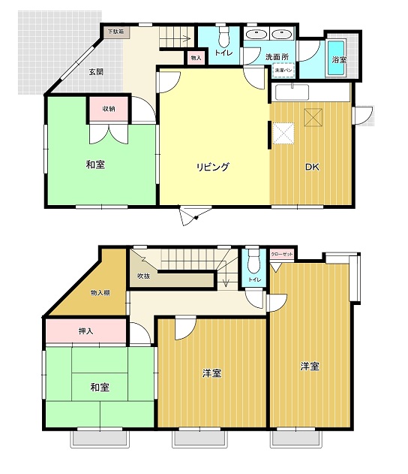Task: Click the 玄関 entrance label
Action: tap(95, 73)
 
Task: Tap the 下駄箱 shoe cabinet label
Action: tap(115, 32)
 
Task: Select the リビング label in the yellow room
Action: tap(213, 167)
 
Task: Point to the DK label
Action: tap(310, 167)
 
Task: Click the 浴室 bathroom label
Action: tap(339, 59)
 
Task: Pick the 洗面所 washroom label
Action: tap(277, 56)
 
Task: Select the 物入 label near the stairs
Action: tap(196, 58)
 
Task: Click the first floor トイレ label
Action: tap(223, 53)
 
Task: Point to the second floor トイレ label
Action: tap(254, 279)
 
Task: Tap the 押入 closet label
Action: tap(85, 331)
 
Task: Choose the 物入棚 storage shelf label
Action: tap(101, 292)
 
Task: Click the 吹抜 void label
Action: tap(144, 276)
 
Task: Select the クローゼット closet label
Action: tap(282, 255)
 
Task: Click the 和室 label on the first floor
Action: tap(94, 164)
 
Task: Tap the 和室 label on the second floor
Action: tap(100, 387)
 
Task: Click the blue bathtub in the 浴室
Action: tap(337, 56)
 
